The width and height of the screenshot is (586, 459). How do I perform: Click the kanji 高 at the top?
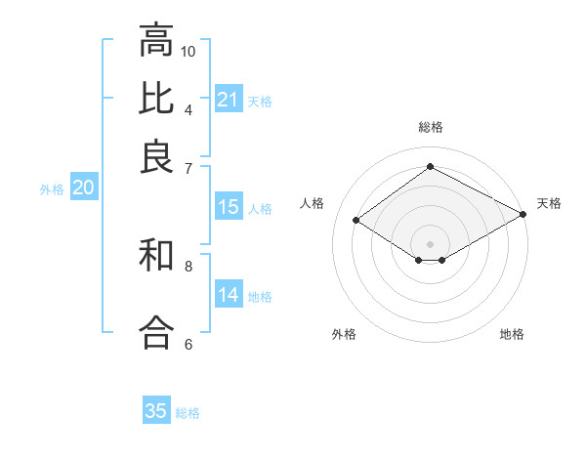point(157,41)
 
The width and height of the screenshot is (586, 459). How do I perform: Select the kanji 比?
point(157,97)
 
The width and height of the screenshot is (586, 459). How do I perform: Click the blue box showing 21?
point(229,100)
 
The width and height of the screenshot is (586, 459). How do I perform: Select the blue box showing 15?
point(229,207)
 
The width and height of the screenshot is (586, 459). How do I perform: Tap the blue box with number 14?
point(229,295)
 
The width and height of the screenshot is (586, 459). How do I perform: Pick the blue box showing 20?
point(83,188)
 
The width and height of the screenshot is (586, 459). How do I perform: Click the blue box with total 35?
point(156,411)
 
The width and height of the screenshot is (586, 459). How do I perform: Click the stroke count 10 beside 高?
point(188,51)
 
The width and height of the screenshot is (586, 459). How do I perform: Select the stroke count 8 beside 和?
point(188,265)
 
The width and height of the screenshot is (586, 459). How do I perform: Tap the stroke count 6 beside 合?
point(188,343)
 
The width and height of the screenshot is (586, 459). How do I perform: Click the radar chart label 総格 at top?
point(431,127)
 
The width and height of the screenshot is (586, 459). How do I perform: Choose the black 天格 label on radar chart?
point(550,203)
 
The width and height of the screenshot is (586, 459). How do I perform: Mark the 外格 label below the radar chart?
point(344,334)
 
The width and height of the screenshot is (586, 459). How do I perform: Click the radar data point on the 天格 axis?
point(523,214)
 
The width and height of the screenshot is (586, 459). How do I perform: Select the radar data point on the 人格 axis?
point(356,221)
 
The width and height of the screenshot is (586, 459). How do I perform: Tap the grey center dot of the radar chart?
point(431,243)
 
